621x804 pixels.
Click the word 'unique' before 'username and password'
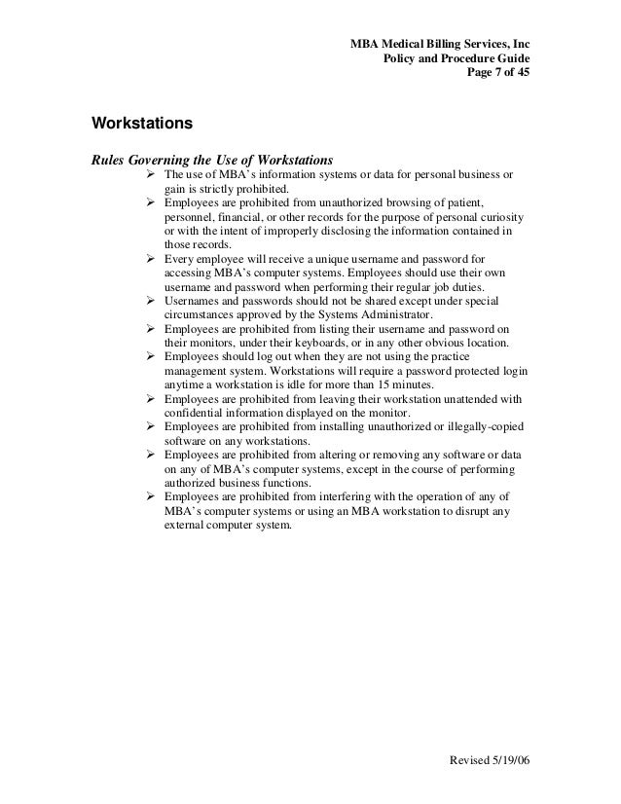(313, 260)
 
